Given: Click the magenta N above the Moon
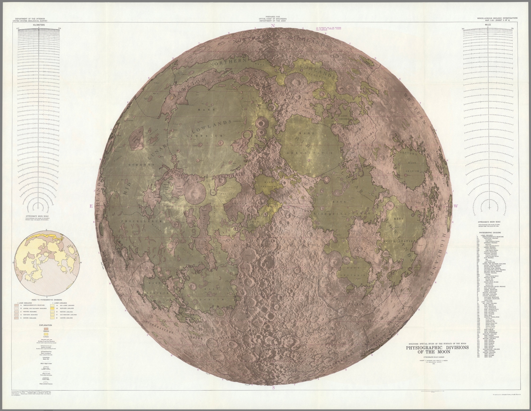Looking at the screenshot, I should pyautogui.click(x=273, y=26).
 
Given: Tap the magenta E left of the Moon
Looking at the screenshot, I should pyautogui.click(x=91, y=206).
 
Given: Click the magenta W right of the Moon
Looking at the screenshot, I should pyautogui.click(x=456, y=206).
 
